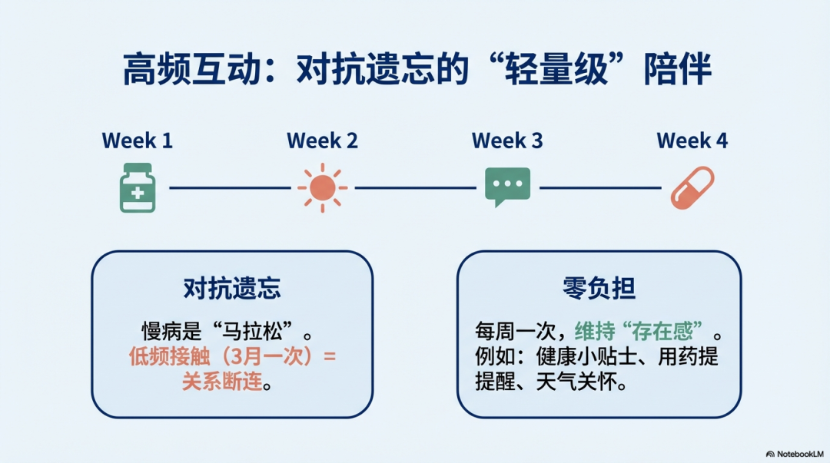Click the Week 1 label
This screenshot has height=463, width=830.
[137, 141]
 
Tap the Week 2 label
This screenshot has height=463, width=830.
[322, 141]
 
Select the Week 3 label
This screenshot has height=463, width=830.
[507, 141]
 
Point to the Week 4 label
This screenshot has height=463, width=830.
[692, 141]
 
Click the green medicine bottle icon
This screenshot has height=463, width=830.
[138, 188]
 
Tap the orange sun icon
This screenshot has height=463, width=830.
[322, 188]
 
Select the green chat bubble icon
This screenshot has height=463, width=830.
[508, 187]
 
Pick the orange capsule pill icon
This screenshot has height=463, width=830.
[692, 188]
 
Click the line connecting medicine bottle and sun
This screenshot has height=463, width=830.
[231, 188]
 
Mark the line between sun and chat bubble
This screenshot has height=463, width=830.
[416, 188]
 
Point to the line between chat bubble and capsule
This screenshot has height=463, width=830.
[600, 188]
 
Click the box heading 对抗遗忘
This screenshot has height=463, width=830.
[232, 289]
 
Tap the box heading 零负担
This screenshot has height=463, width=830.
[599, 289]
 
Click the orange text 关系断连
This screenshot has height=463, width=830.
[222, 381]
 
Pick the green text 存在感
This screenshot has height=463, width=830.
[662, 332]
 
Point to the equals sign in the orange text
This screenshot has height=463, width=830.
[330, 356]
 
